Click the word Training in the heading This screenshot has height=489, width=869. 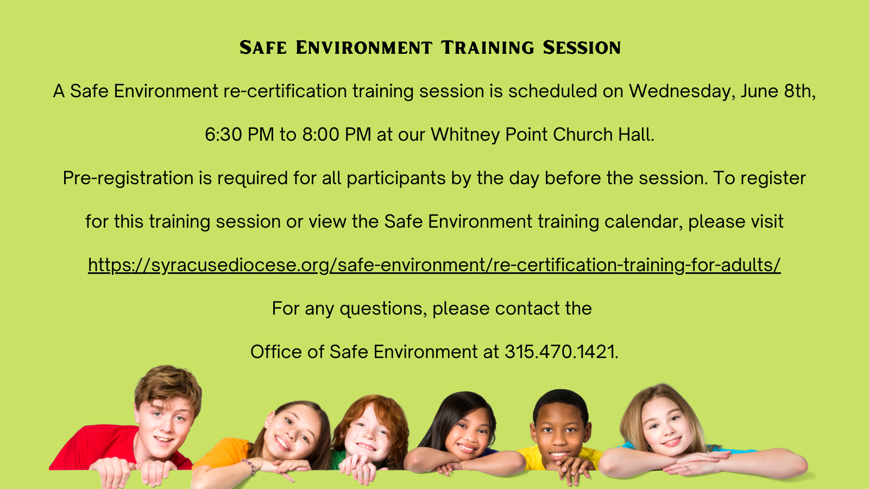point(487,47)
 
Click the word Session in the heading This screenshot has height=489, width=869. point(582,47)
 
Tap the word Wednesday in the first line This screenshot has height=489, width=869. point(682,91)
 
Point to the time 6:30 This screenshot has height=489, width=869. point(223,134)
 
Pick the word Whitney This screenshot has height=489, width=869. point(465,135)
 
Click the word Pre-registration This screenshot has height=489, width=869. point(128,179)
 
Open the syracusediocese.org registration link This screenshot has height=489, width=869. point(434,266)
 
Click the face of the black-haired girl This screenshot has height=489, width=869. point(469,432)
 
